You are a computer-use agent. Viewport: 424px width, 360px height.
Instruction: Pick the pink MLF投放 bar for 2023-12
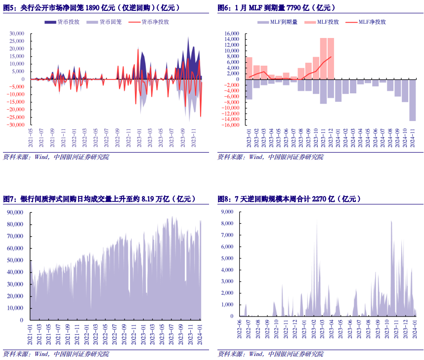click(331, 58)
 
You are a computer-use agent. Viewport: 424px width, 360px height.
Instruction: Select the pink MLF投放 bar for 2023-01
click(249, 68)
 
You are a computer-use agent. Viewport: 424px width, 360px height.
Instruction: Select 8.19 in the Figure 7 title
click(149, 199)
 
